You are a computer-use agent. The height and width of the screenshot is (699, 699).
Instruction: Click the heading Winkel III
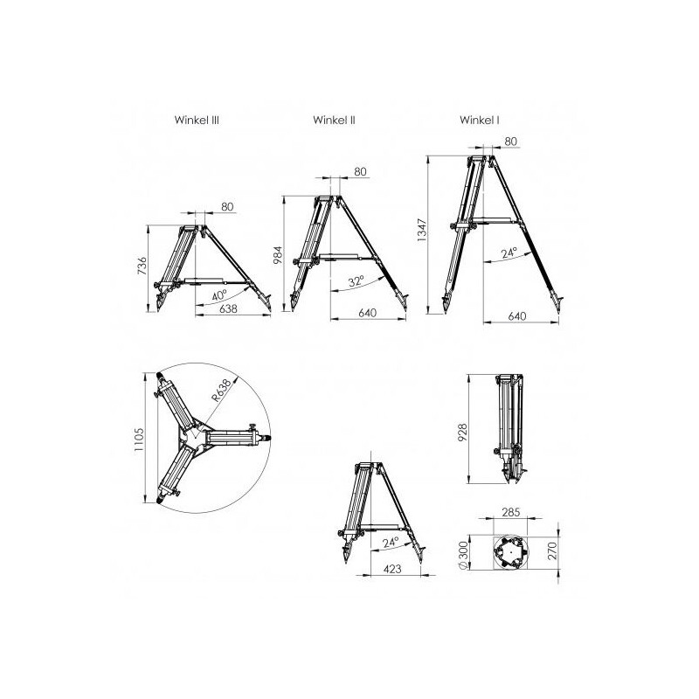(x=197, y=121)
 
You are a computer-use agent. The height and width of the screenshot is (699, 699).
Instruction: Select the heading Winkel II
(x=335, y=121)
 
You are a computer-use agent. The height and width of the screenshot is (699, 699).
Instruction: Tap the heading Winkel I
(x=480, y=121)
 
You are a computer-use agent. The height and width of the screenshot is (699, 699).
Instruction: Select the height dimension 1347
(x=421, y=234)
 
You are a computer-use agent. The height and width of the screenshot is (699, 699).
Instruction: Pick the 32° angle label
(x=354, y=281)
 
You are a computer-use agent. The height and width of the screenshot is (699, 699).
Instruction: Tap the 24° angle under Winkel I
(x=509, y=253)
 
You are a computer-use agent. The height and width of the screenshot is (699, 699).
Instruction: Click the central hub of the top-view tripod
(x=198, y=434)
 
